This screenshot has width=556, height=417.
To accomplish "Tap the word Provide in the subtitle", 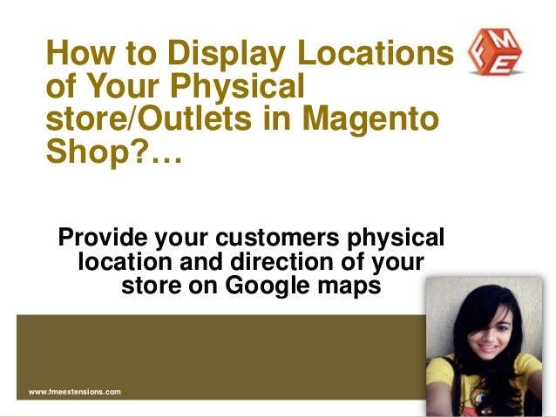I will click(x=102, y=237).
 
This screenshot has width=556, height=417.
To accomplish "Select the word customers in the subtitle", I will click(x=273, y=237).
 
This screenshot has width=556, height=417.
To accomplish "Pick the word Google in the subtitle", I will click(x=261, y=286).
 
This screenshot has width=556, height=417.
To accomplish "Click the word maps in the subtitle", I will click(x=348, y=286).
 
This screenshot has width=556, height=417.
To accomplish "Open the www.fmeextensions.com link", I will click(x=75, y=393).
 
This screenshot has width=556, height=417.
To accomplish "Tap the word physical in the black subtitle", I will click(x=394, y=237).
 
